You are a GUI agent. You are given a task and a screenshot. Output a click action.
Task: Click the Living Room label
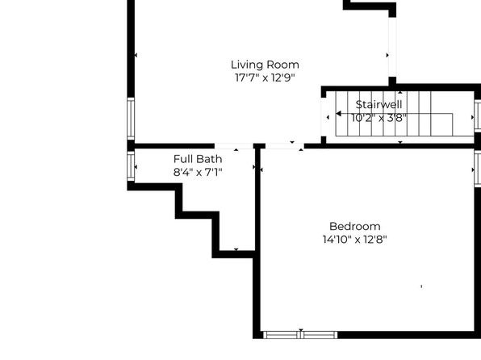pyautogui.click(x=265, y=65)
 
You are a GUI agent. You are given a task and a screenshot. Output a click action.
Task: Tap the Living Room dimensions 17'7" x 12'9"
pyautogui.click(x=265, y=77)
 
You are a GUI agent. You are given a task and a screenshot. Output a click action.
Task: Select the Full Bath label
pyautogui.click(x=198, y=159)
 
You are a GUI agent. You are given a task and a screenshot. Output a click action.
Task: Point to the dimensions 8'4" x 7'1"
pyautogui.click(x=198, y=172)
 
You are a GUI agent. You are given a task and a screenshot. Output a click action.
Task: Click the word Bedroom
pyautogui.click(x=355, y=227)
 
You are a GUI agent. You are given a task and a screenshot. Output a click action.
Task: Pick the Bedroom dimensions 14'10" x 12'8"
pyautogui.click(x=355, y=240)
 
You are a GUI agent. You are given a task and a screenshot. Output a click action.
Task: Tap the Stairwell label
pyautogui.click(x=379, y=105)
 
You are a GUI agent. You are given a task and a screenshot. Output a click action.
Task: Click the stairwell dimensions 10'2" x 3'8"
pyautogui.click(x=379, y=118)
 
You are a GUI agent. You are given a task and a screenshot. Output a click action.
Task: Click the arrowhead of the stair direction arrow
pyautogui.click(x=339, y=114)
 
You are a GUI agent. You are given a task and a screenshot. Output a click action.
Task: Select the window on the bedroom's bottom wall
pyautogui.click(x=300, y=335)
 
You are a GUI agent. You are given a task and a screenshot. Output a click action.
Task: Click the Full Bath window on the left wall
pyautogui.click(x=131, y=166)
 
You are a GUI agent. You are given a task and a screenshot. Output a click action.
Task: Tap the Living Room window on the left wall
pyautogui.click(x=131, y=119)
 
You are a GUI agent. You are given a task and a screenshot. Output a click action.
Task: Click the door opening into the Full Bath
pyautogui.click(x=234, y=146)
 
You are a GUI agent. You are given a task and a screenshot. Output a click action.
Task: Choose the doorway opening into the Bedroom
pyautogui.click(x=285, y=146)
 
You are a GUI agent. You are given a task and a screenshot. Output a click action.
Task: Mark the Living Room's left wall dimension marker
pyautogui.click(x=136, y=55)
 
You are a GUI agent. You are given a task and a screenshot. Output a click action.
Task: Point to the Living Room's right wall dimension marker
pyautogui.click(x=387, y=55)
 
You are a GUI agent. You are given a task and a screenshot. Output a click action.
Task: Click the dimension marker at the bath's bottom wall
pyautogui.click(x=236, y=249)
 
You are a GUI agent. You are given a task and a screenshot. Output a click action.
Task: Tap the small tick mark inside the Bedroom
pyautogui.click(x=421, y=287)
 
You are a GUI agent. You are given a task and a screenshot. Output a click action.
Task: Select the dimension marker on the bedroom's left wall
pyautogui.click(x=261, y=170)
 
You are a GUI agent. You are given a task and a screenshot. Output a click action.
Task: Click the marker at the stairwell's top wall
pyautogui.click(x=400, y=92)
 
